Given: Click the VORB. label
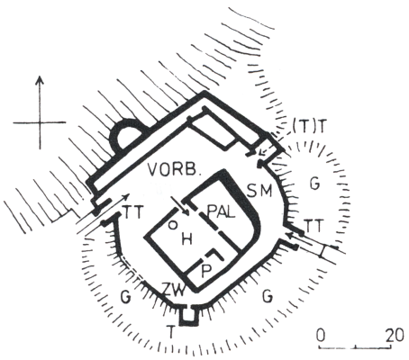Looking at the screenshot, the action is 174,170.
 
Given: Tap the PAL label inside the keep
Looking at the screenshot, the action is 221,212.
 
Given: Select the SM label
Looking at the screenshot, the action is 259,190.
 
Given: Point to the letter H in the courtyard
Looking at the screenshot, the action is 186,239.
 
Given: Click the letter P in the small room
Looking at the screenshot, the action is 206,272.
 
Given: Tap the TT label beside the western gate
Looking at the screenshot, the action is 133,213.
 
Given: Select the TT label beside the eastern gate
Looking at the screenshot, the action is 314,226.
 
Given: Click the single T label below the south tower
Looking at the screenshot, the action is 171,332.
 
